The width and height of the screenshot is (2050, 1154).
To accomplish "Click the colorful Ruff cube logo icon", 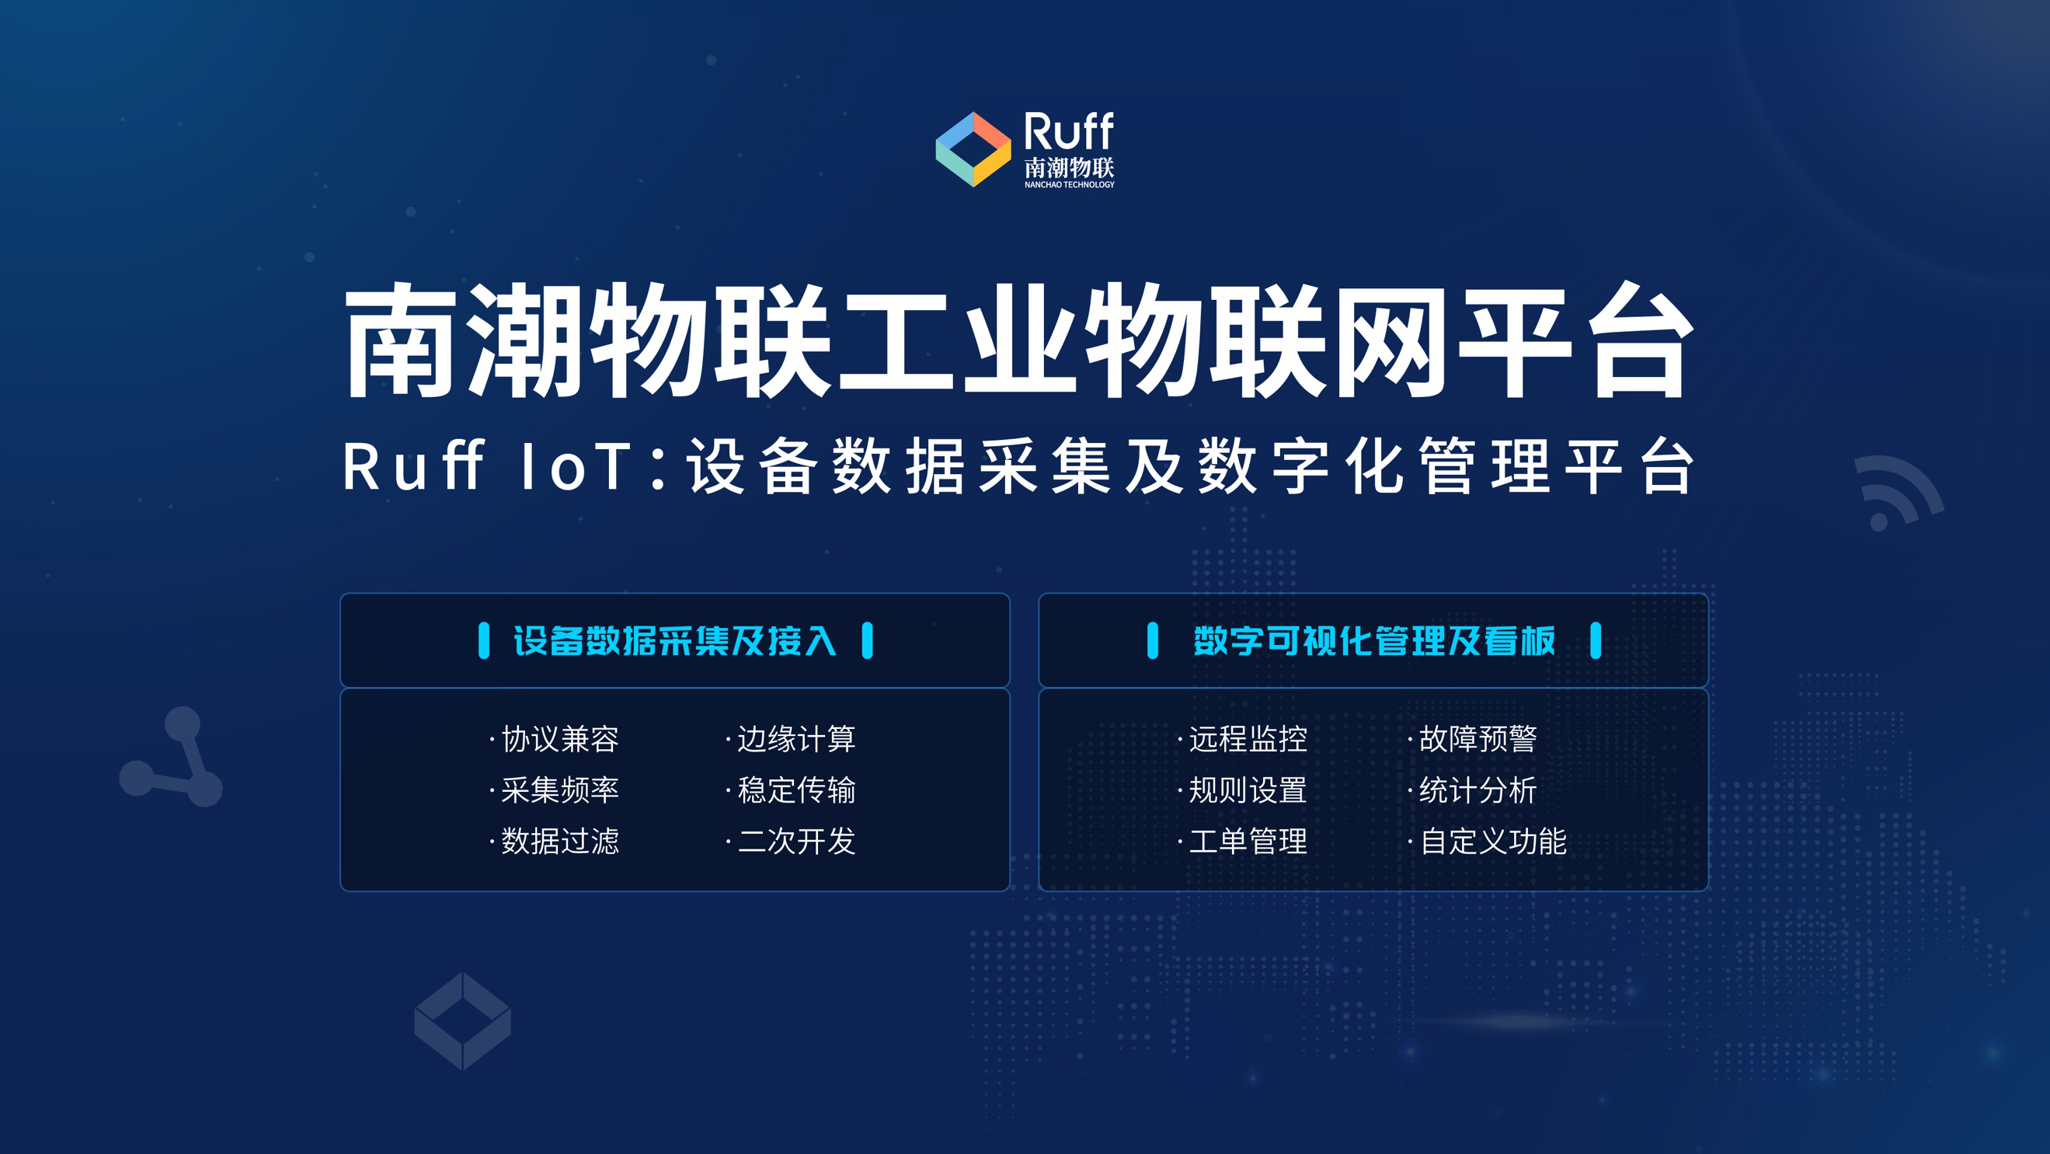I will click(973, 150).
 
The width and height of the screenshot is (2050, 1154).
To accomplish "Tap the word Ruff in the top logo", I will click(1068, 131).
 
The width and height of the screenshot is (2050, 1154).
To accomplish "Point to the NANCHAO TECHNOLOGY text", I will click(1069, 185).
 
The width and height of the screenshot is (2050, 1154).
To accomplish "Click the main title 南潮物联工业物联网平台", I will click(1018, 340).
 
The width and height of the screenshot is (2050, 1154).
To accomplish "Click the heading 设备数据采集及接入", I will click(675, 640).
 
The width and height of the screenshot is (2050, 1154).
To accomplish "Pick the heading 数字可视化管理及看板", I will click(1373, 640).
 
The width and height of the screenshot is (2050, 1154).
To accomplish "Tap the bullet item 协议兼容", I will click(559, 739).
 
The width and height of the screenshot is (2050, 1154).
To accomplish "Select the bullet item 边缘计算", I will click(795, 739).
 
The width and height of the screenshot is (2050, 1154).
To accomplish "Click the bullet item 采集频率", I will click(559, 790).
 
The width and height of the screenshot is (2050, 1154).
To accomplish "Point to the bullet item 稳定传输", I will click(795, 790).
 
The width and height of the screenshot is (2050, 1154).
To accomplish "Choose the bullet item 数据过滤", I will click(559, 842).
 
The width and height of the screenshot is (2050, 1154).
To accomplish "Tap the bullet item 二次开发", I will click(795, 842).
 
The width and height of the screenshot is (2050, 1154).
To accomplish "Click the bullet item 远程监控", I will click(1247, 739).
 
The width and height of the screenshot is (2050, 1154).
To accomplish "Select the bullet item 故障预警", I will click(1477, 739).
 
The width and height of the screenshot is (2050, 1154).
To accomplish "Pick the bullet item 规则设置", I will click(1247, 790).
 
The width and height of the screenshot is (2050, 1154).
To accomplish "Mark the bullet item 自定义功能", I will click(1493, 842).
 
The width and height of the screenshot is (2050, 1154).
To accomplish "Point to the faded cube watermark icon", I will click(462, 1020).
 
